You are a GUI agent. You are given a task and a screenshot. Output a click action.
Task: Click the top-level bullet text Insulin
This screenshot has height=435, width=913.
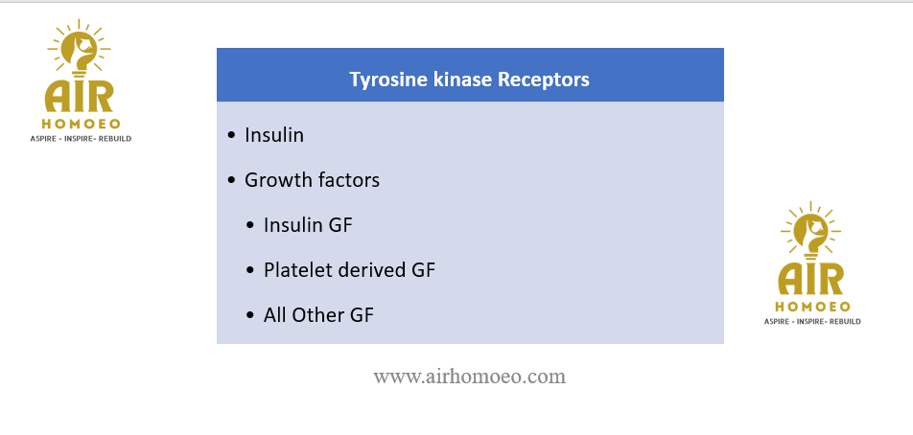[273, 135]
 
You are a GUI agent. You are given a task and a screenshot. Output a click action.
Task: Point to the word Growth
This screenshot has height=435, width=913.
[276, 180]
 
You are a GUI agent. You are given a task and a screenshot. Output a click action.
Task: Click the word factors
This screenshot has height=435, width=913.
[346, 180]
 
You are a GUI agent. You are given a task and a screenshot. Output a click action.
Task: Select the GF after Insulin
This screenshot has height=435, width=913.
[340, 225]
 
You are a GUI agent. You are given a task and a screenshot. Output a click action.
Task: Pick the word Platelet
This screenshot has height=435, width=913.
[297, 270]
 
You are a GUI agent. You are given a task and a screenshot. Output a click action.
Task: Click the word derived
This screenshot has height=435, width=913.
[372, 270]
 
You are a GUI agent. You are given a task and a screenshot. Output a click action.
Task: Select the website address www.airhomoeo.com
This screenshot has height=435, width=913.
[469, 377]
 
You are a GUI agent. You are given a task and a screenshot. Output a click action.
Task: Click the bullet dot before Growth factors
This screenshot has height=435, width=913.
[232, 180]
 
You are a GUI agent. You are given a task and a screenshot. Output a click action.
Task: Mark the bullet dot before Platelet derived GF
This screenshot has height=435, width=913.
[251, 270]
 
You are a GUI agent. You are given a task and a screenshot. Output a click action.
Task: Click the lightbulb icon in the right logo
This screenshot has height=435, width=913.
[811, 233]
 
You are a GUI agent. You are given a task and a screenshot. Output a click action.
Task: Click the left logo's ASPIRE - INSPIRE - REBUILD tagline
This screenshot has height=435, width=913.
[81, 138]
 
